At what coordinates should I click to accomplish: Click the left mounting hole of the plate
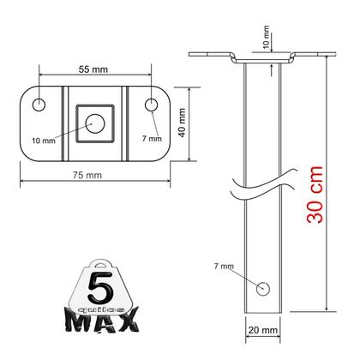pos(39,105)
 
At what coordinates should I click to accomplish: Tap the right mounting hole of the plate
pos(151,105)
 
